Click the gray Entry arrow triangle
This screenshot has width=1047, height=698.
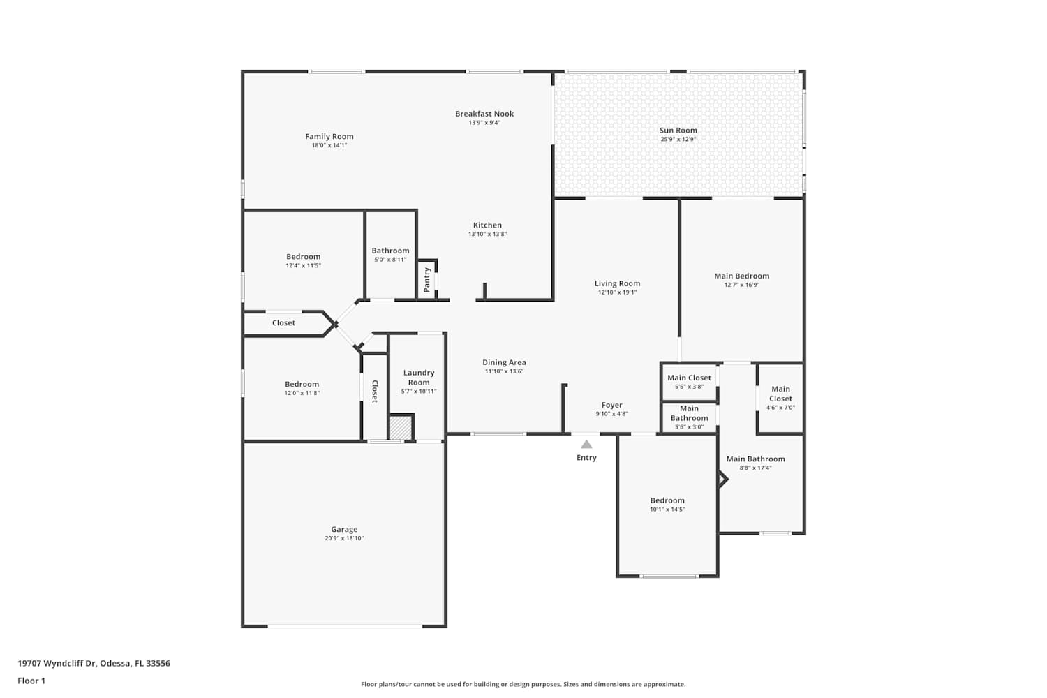(586, 444)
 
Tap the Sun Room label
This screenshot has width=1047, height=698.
(678, 131)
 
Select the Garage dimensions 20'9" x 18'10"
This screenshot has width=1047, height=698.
(345, 538)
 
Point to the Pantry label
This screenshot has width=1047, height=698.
(426, 280)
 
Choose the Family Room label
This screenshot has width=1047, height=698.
(329, 137)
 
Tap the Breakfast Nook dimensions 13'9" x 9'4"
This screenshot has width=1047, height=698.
(484, 122)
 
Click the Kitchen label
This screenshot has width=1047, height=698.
(487, 225)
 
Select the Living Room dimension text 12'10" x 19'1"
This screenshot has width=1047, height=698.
(618, 292)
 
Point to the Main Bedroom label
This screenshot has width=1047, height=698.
(742, 276)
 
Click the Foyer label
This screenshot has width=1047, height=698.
(612, 405)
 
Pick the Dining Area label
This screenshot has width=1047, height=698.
(505, 362)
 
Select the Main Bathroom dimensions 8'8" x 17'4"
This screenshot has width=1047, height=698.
(756, 468)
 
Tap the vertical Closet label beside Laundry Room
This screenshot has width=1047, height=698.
(375, 392)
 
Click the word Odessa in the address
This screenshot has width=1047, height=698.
(115, 663)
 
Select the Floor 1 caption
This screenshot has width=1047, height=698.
(31, 681)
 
